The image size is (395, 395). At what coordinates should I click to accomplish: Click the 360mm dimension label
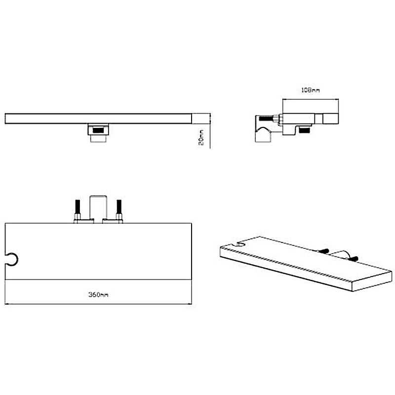[98, 294]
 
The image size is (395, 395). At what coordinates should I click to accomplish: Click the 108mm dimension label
[311, 90]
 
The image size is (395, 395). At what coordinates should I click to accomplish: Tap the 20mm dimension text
[201, 137]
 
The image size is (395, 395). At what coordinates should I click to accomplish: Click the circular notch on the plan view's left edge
[11, 259]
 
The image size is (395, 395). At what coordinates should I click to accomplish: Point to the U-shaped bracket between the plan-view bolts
[98, 208]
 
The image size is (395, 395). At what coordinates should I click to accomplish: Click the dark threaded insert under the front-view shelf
[98, 130]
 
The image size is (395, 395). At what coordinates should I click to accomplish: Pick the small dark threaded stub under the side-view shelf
[304, 130]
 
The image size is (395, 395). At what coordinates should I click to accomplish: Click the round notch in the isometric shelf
[241, 244]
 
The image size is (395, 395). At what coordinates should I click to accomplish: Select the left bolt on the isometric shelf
[323, 251]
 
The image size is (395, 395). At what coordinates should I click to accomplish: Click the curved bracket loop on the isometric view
[339, 254]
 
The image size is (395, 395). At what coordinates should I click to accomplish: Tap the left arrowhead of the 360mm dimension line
[6, 304]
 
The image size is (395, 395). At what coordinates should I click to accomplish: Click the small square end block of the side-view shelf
[330, 118]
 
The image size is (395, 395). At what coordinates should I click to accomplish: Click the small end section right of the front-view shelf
[201, 118]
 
